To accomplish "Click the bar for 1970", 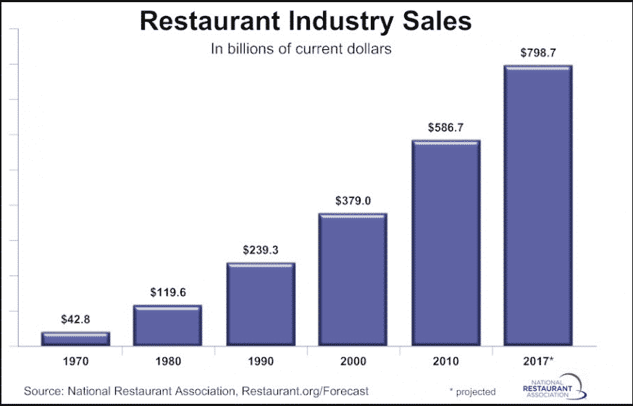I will pos(75,339).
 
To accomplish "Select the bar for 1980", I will pos(167,326).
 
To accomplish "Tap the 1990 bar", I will pos(260,304).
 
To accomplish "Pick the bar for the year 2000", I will pos(353,279).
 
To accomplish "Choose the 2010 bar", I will pos(445,243).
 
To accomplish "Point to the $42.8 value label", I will pos(75,320).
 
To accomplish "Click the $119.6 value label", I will pos(167,292).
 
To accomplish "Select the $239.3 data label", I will pos(260,250).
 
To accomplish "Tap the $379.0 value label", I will pos(353,201).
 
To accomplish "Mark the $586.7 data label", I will pos(445,127).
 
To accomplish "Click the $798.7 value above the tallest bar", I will pos(538,53).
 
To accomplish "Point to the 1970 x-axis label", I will pos(75,361).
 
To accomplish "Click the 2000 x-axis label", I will pos(353,361).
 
